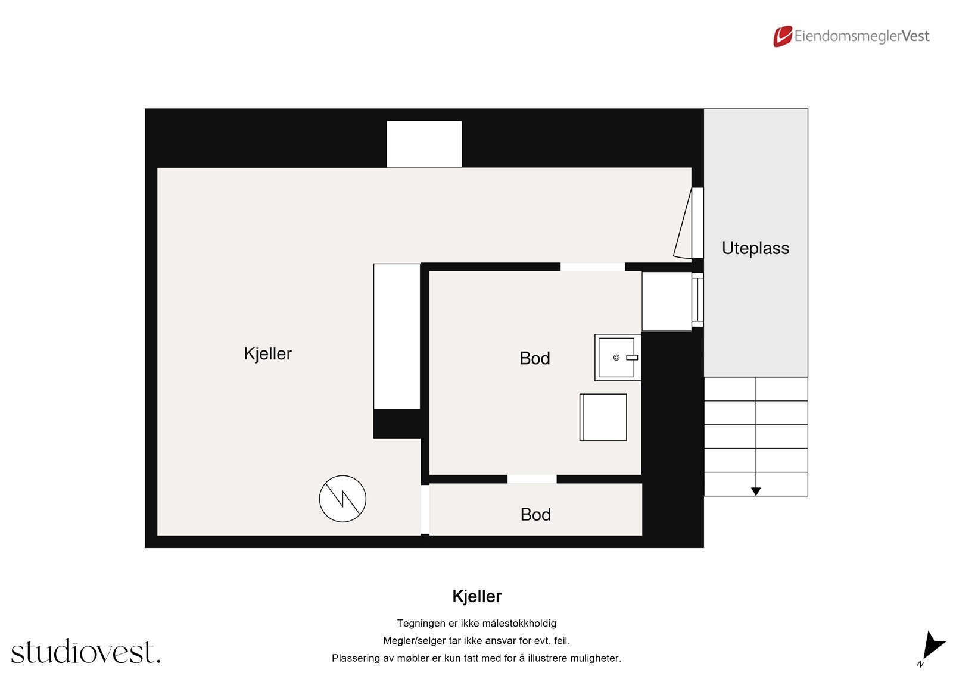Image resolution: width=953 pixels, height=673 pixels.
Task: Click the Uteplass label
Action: point(755,248)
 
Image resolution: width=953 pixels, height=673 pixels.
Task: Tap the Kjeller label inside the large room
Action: point(267,353)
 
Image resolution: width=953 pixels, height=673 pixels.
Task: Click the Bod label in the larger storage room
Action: point(534,358)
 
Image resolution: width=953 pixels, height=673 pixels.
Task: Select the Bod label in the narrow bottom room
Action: point(535,515)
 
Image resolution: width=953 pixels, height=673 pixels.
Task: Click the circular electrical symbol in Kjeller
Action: point(342,499)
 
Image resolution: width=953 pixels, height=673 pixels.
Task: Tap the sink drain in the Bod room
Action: point(616,358)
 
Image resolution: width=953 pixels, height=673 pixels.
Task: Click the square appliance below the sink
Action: point(603,417)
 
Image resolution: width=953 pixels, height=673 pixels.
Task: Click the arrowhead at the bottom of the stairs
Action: point(756,492)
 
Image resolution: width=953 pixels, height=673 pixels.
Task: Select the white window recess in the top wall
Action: point(424,144)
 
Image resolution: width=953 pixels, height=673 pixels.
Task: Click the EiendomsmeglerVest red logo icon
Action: point(783,36)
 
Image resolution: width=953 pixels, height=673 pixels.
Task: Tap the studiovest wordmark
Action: point(85,652)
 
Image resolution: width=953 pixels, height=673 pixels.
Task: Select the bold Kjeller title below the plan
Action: point(476,596)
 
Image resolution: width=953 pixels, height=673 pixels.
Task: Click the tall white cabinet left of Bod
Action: point(397,337)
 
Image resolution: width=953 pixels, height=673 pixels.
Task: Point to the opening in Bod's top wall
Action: point(593,267)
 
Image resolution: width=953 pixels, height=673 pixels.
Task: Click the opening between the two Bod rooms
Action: point(532,479)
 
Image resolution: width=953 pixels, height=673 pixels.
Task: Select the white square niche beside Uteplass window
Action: point(666,301)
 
